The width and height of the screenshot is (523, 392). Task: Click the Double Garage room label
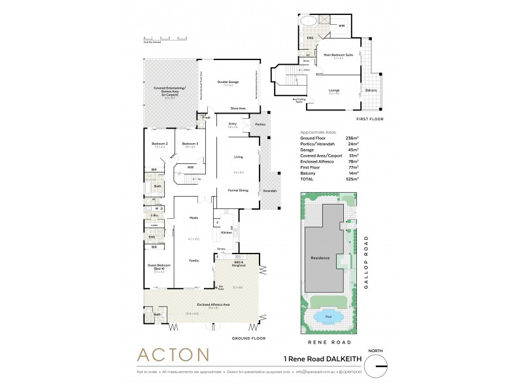click(x=228, y=82)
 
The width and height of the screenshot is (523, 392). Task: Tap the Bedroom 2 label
click(x=160, y=143)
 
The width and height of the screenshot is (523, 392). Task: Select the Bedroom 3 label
click(x=190, y=143)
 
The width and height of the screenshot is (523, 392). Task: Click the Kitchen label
click(x=226, y=232)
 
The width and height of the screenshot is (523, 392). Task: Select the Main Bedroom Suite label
click(x=338, y=55)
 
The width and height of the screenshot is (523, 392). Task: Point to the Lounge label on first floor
click(x=334, y=90)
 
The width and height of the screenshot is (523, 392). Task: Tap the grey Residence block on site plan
click(x=320, y=257)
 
